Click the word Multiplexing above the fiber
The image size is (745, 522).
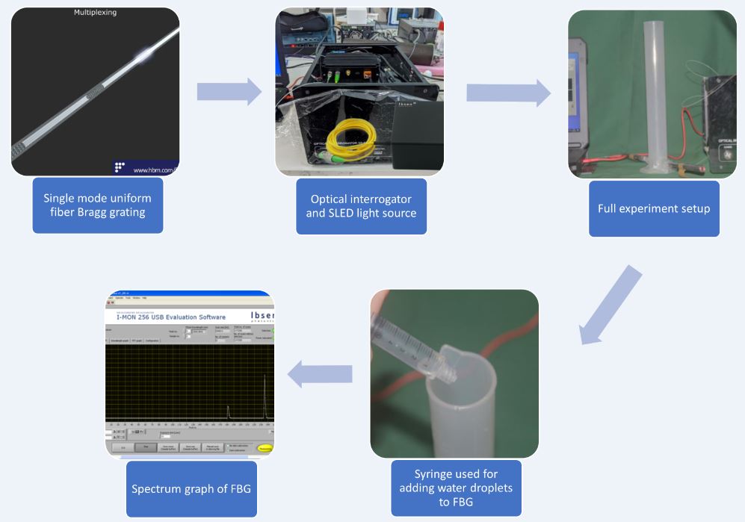95,13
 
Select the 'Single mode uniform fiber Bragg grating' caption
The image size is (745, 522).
97,205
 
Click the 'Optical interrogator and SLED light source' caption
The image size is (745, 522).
361,206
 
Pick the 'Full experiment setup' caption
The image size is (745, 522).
653,208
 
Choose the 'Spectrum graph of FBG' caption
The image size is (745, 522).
191,489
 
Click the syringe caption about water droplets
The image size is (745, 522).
456,488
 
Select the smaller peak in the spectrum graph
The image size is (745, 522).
228,411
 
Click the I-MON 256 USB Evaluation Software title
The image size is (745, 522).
171,317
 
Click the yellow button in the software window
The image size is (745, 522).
265,448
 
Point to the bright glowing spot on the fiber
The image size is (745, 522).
143,56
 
